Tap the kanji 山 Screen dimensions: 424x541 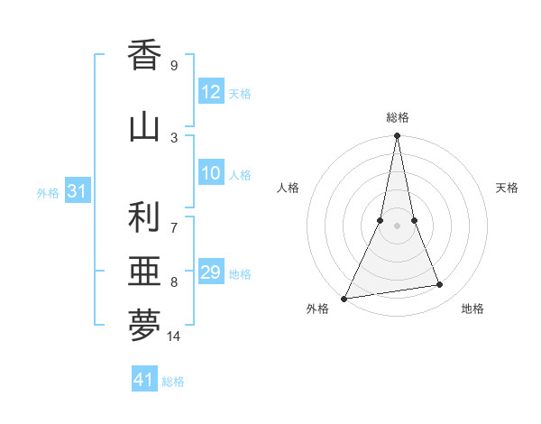click(x=144, y=125)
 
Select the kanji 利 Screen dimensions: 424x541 click(x=144, y=217)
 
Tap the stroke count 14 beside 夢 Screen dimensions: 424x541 click(x=174, y=336)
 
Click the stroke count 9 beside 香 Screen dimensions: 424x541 click(x=173, y=65)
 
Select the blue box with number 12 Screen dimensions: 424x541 click(x=211, y=92)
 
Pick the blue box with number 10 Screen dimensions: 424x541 click(x=211, y=174)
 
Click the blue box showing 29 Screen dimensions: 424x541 click(x=211, y=272)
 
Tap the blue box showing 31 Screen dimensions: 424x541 click(x=77, y=191)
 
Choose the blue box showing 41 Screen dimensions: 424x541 click(x=144, y=380)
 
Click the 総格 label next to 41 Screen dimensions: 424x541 click(x=173, y=382)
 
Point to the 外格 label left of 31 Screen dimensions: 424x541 click(x=48, y=192)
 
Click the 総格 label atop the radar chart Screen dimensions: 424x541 click(x=398, y=117)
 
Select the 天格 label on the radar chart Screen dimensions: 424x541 click(x=508, y=188)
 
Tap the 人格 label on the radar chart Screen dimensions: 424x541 click(x=288, y=188)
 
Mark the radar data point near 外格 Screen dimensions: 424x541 click(x=344, y=298)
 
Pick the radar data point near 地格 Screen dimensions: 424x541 click(x=440, y=285)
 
